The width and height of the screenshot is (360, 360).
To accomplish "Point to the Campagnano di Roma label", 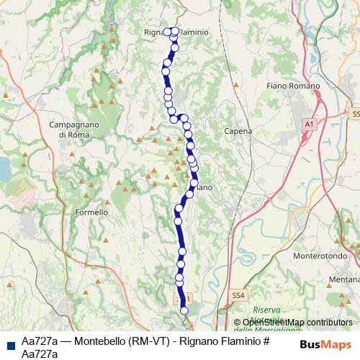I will pyautogui.click(x=73, y=130).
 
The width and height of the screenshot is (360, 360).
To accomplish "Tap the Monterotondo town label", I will pyautogui.click(x=322, y=255).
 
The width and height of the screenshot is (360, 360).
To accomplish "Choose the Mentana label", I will pyautogui.click(x=343, y=278).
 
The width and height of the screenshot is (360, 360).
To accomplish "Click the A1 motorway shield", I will pyautogui.click(x=309, y=125).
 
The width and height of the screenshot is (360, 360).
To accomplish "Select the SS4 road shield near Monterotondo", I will pyautogui.click(x=239, y=294).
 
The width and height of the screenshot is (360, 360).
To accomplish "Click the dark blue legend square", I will pyautogui.click(x=9, y=341).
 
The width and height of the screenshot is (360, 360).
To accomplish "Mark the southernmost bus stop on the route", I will pyautogui.click(x=184, y=310).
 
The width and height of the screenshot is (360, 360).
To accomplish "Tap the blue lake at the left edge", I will pyautogui.click(x=3, y=168).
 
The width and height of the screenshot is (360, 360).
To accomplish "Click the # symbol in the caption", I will pyautogui.click(x=266, y=340).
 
